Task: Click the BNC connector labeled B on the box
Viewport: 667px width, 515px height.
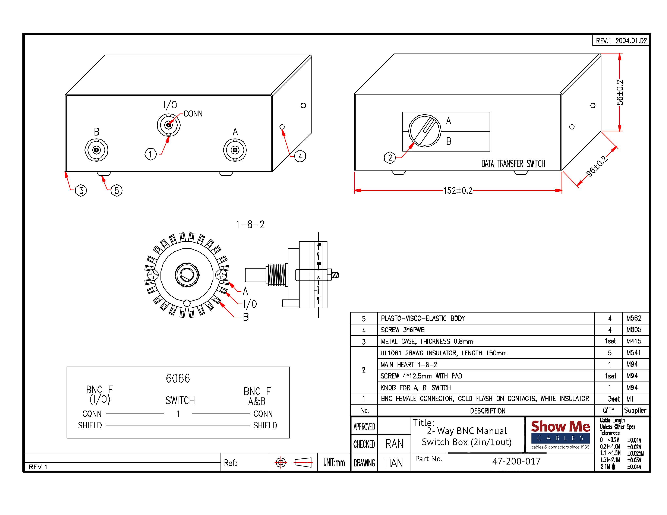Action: (96, 150)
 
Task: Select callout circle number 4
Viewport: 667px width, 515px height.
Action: (300, 156)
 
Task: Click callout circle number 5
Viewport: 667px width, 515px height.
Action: (117, 190)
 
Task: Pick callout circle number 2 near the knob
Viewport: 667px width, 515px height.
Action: (390, 158)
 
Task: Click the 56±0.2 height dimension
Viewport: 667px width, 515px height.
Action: (620, 92)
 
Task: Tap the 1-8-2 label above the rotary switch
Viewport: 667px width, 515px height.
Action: (250, 225)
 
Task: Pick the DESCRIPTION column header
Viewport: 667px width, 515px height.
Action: (488, 411)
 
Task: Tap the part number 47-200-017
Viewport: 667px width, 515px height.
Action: (516, 461)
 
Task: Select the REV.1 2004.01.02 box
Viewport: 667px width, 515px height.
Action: (621, 41)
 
